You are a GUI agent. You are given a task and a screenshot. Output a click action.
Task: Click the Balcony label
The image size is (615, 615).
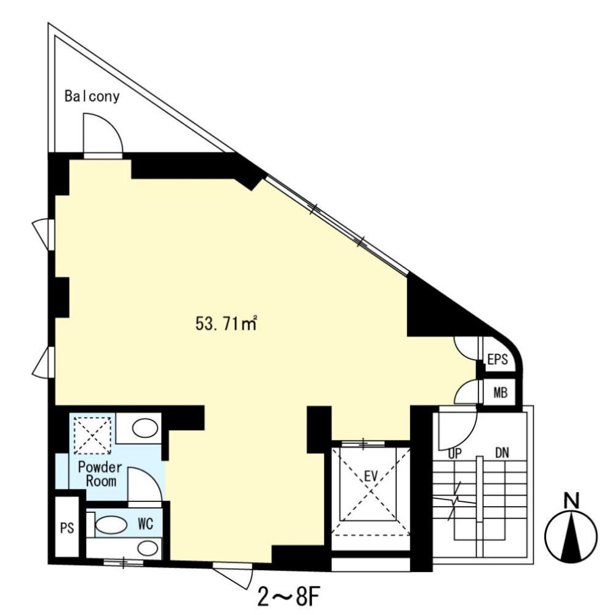(x=92, y=97)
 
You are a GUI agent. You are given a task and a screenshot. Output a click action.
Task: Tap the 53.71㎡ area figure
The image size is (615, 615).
(x=225, y=323)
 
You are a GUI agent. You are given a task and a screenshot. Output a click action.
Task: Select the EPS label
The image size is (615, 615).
(x=497, y=360)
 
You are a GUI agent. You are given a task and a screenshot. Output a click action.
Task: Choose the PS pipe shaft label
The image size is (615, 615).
(x=67, y=528)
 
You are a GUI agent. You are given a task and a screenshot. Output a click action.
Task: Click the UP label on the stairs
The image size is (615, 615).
(x=456, y=453)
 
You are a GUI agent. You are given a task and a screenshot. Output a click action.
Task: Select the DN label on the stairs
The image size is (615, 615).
(x=501, y=453)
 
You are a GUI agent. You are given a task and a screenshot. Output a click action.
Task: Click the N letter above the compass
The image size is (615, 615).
(x=572, y=501)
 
